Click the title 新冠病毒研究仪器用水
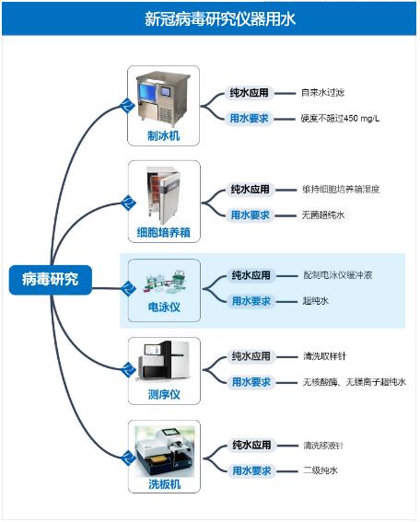(220, 18)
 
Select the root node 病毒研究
(51, 280)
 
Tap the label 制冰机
(164, 136)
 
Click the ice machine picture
(163, 99)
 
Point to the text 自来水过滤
(322, 93)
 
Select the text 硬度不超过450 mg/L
(340, 119)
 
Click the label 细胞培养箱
(164, 232)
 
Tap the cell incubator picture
(164, 195)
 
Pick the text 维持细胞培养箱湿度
(341, 190)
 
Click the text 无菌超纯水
(323, 215)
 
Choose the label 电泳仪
(164, 307)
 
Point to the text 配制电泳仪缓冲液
(338, 275)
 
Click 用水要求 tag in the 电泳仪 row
(251, 301)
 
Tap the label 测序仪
(164, 395)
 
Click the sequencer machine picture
(164, 362)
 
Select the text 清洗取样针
(324, 356)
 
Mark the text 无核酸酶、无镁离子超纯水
(355, 382)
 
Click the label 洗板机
(165, 483)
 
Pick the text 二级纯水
(321, 470)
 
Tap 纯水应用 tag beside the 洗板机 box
(251, 445)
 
